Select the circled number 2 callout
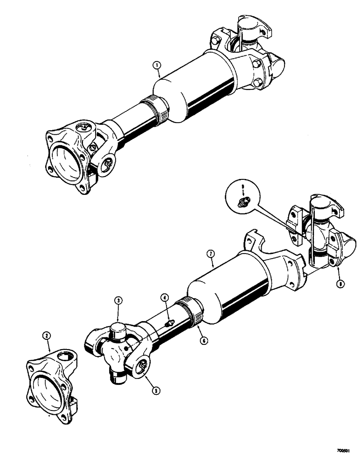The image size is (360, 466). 46,335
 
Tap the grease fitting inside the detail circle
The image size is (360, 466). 243,202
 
